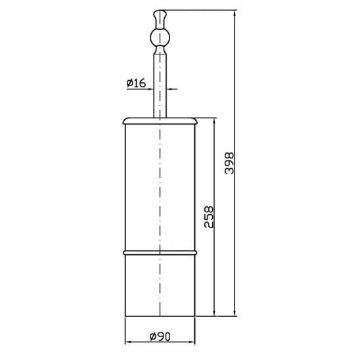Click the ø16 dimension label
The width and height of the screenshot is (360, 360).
pos(136,83)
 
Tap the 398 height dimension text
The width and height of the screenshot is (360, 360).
pos(229,163)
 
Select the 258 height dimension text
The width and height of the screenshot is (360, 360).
pos(209,217)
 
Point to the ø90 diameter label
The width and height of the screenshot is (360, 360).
pos(160,337)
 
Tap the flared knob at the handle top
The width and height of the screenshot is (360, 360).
pos(160,19)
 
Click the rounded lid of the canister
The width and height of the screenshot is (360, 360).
pos(160,122)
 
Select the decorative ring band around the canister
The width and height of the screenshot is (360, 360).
pos(160,253)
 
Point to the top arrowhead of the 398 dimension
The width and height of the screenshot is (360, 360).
pos(235,13)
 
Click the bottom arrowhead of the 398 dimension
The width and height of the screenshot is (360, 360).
pos(235,313)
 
